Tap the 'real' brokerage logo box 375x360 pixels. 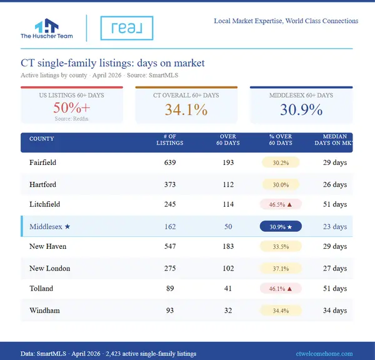(x=126, y=28)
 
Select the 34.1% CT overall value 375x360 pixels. (x=186, y=110)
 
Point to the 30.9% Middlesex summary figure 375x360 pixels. (x=301, y=110)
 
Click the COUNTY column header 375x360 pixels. (x=42, y=139)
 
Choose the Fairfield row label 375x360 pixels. (x=42, y=162)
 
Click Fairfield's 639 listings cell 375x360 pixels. (x=169, y=162)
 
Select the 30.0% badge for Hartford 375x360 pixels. (x=281, y=185)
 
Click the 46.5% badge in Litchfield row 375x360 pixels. (x=281, y=204)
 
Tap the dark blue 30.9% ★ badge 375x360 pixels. (x=281, y=227)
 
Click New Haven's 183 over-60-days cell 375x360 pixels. (x=227, y=247)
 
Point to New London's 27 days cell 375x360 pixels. (x=335, y=269)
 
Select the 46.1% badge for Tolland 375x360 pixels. (x=281, y=289)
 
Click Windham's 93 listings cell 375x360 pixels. (x=169, y=311)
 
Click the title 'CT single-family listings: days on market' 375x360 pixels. (x=112, y=63)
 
